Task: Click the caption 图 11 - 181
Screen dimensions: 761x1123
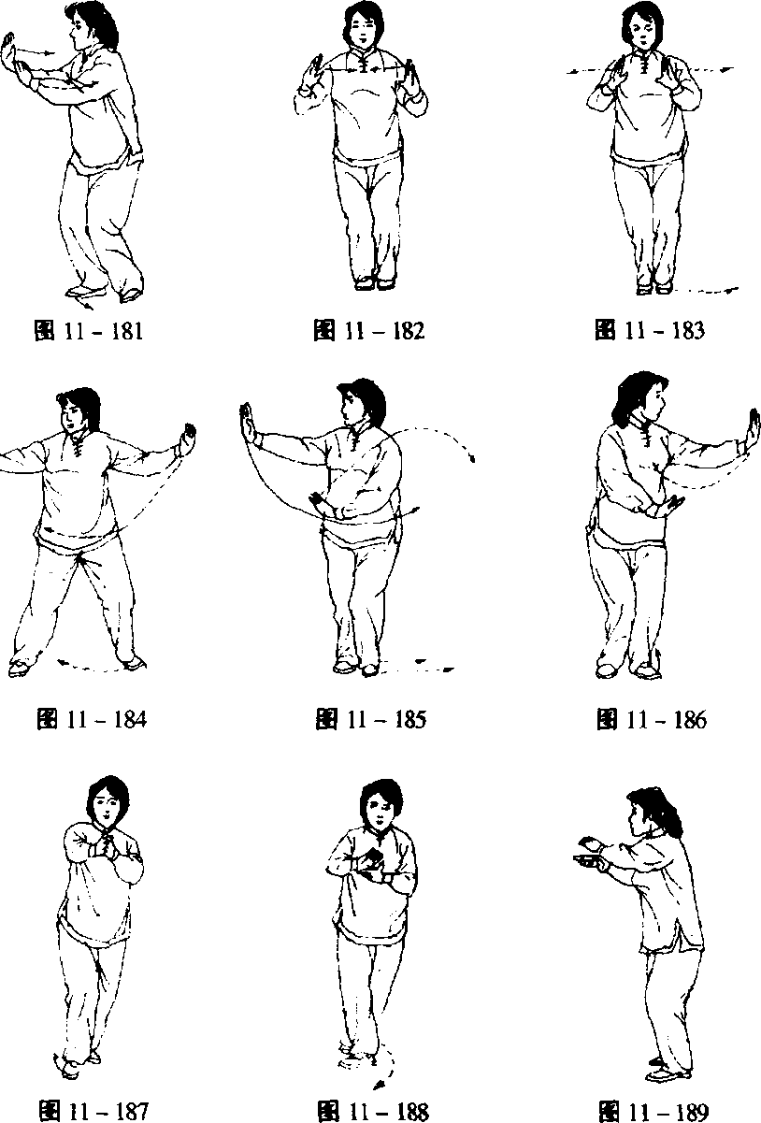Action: coord(89,331)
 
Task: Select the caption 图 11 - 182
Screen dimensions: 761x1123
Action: coord(369,331)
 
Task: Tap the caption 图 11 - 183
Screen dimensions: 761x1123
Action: coord(650,330)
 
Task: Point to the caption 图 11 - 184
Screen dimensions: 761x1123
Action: coord(92,719)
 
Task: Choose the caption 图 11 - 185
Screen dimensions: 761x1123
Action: coord(371,719)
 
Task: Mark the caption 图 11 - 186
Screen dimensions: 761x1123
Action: coord(652,719)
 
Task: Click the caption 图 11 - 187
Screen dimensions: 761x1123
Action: coord(93,1111)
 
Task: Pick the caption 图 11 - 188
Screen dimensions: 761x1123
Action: coord(373,1111)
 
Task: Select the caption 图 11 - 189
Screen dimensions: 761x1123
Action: coord(654,1111)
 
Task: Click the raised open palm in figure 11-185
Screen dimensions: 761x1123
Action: coord(247,424)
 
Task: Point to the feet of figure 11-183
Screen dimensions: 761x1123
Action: coord(653,287)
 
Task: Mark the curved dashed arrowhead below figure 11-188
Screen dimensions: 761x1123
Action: coord(379,1082)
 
